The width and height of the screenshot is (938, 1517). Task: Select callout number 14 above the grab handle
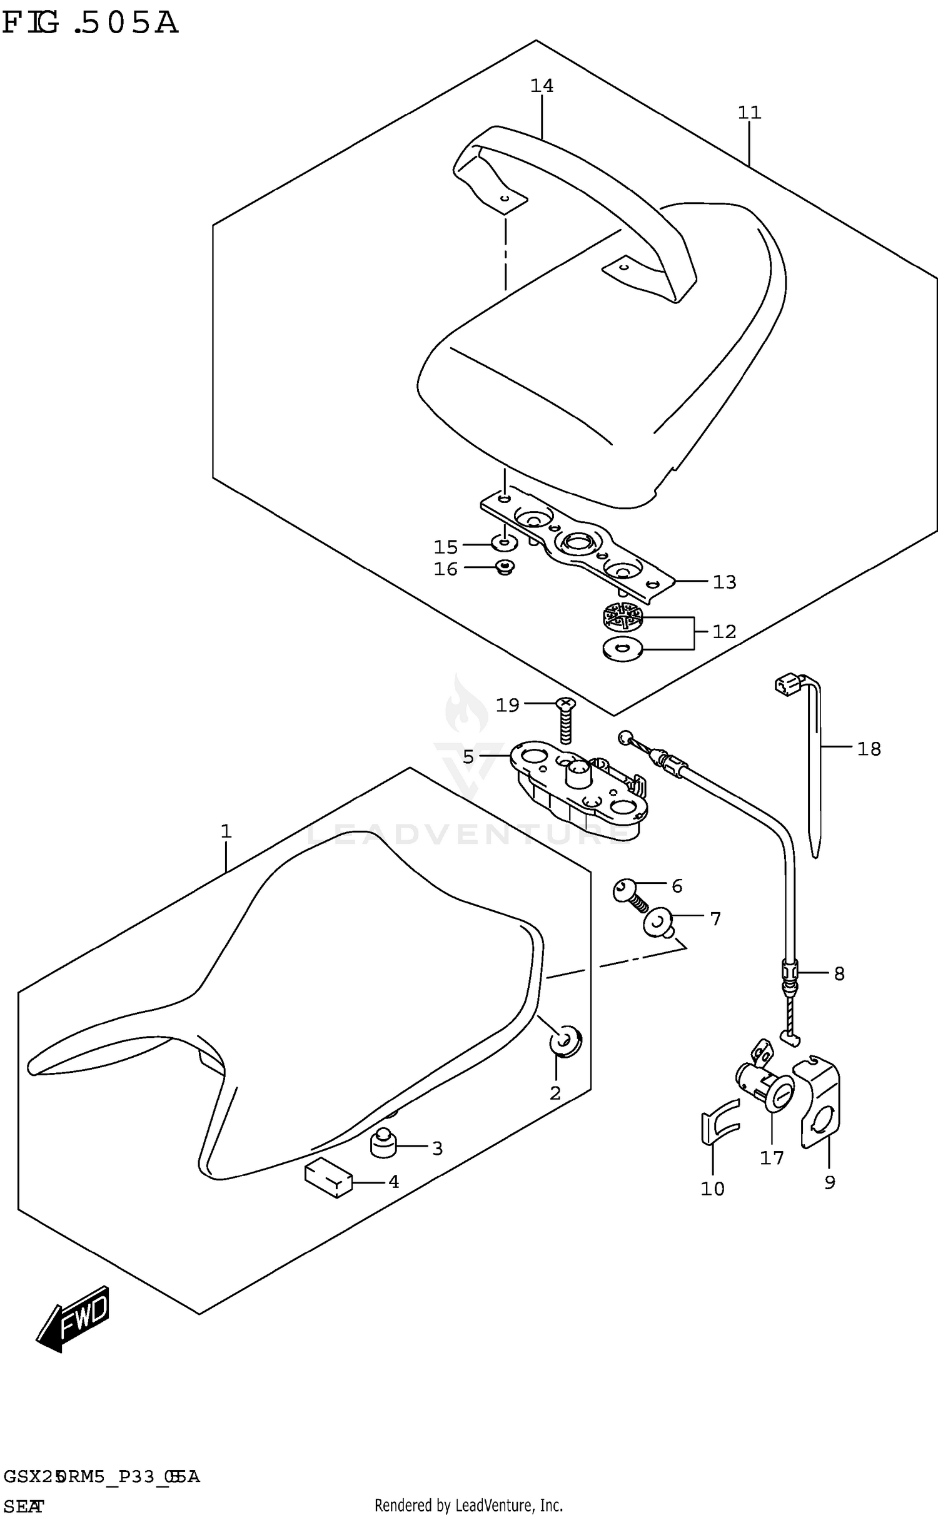pyautogui.click(x=542, y=86)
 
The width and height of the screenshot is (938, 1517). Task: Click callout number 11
pyautogui.click(x=749, y=113)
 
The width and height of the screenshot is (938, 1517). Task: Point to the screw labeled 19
pyautogui.click(x=566, y=723)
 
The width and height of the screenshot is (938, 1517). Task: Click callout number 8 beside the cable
pyautogui.click(x=839, y=974)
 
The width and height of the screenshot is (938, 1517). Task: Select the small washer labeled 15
pyautogui.click(x=503, y=542)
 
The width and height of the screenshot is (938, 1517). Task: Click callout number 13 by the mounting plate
pyautogui.click(x=724, y=582)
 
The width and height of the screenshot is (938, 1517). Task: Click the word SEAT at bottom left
pyautogui.click(x=23, y=1506)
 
